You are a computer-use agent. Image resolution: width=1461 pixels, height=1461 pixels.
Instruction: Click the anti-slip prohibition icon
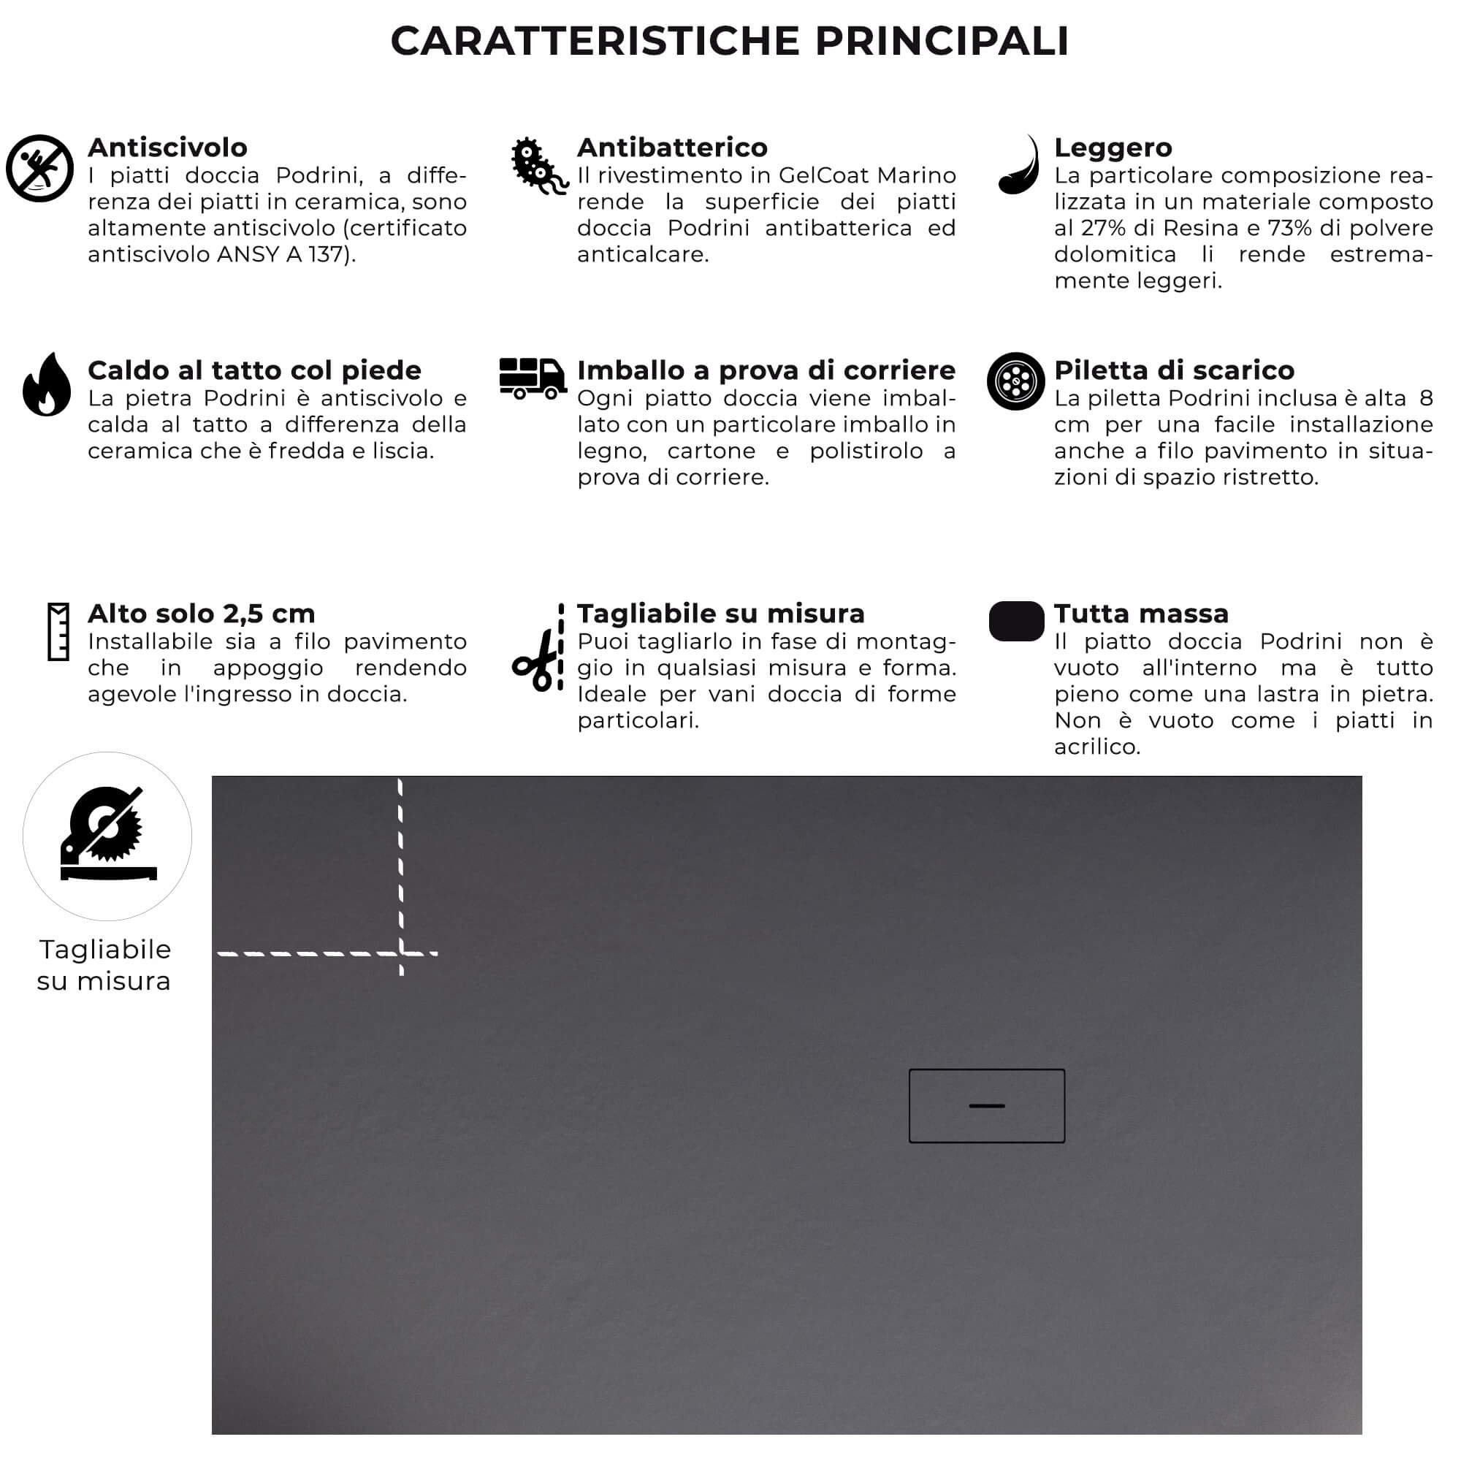(x=39, y=168)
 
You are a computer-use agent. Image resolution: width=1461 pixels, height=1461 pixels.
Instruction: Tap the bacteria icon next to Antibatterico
(x=537, y=166)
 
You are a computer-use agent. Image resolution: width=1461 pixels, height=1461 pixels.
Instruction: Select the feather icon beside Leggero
(x=1018, y=166)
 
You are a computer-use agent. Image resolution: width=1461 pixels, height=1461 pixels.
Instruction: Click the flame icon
(x=46, y=385)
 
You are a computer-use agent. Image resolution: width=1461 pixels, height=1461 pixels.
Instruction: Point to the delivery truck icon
(x=533, y=378)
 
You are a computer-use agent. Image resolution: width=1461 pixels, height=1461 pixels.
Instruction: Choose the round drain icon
(x=1015, y=381)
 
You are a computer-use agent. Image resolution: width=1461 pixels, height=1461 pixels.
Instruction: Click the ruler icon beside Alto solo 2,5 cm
(x=58, y=631)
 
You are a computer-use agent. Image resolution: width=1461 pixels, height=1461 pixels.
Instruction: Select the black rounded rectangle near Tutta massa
(x=1016, y=621)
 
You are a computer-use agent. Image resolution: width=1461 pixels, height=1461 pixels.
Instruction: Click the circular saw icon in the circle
(x=107, y=835)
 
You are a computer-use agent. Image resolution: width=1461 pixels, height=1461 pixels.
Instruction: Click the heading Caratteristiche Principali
(x=730, y=41)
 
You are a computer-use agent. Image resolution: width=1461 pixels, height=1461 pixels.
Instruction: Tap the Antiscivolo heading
(x=167, y=148)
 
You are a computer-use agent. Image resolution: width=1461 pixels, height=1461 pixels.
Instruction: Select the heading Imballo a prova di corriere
(x=766, y=370)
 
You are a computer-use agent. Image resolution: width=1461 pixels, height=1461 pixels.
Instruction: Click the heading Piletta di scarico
(x=1174, y=370)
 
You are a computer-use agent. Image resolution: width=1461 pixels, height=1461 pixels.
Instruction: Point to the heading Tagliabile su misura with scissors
(x=720, y=614)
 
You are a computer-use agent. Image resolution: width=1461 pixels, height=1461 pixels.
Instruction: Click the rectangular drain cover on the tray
(x=987, y=1105)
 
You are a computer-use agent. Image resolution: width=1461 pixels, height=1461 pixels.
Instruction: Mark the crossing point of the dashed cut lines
(x=401, y=953)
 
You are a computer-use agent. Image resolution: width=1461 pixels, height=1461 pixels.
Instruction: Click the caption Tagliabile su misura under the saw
(x=104, y=965)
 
